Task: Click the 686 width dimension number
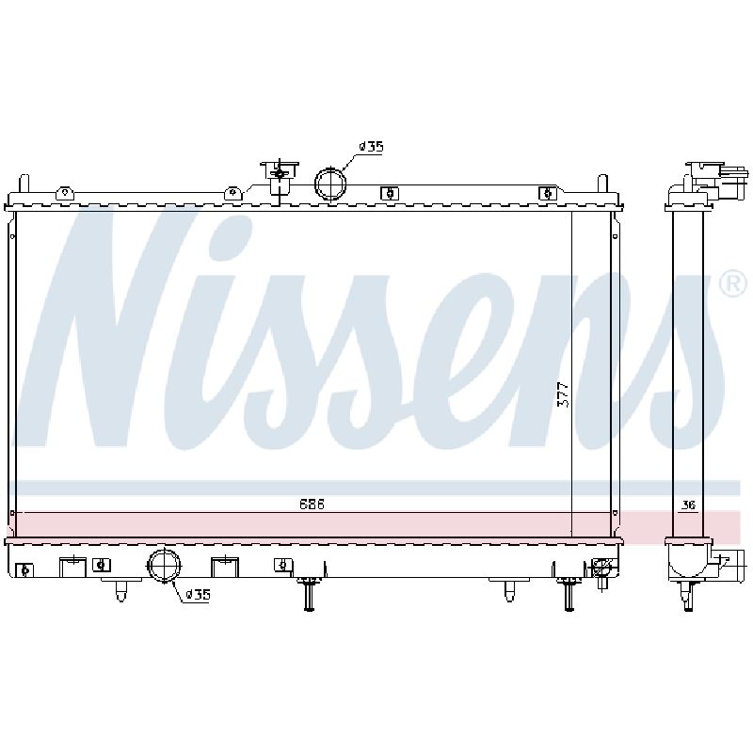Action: (x=312, y=505)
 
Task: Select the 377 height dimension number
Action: (x=563, y=394)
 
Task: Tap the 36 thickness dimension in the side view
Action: (x=688, y=505)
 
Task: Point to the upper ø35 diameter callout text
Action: (x=371, y=146)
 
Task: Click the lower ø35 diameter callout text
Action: (x=198, y=595)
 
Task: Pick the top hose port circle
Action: (x=330, y=183)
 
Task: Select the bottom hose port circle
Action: (x=165, y=566)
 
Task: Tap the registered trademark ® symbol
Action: (x=734, y=285)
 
